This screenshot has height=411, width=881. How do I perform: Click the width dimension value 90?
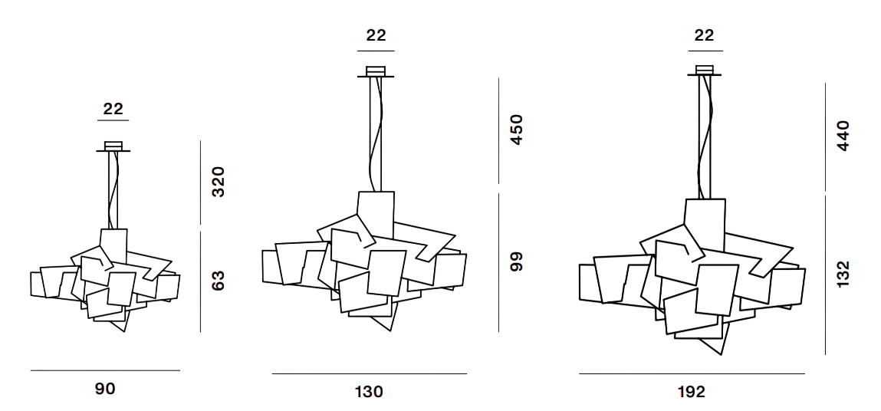click(x=105, y=389)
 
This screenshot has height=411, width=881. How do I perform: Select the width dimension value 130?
click(x=369, y=391)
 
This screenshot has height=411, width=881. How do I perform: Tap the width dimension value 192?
click(x=691, y=391)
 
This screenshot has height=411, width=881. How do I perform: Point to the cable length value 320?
click(x=218, y=182)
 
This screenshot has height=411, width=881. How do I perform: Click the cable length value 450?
click(x=516, y=130)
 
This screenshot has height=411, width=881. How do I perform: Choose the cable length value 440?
click(x=843, y=136)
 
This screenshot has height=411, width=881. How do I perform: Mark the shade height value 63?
click(x=218, y=281)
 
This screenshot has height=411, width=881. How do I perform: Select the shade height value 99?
click(x=516, y=261)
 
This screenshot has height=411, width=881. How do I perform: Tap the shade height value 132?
click(x=843, y=275)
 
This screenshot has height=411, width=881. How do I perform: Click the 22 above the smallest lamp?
click(x=113, y=109)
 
